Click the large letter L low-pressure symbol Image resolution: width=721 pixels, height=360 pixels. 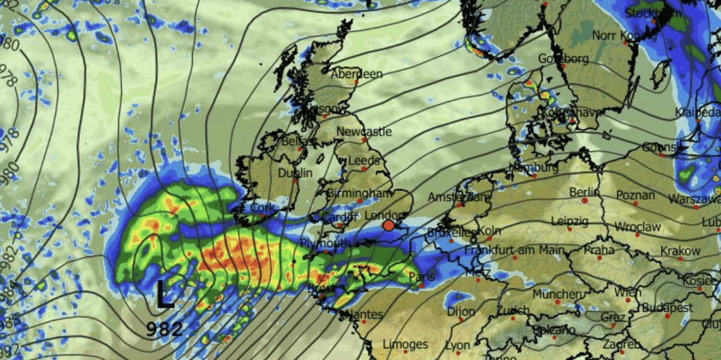click(x=165, y=296)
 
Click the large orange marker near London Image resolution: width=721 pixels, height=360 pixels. click(x=389, y=225)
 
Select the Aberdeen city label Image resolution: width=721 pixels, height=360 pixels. click(x=357, y=74)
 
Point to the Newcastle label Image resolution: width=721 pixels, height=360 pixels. click(x=364, y=131)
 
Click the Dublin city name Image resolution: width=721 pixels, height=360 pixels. click(x=295, y=173)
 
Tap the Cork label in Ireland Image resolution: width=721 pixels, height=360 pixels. click(x=263, y=208)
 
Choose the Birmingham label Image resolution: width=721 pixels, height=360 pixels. click(x=359, y=193)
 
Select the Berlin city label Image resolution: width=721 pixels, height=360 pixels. click(x=585, y=192)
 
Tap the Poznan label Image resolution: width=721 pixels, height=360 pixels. click(x=635, y=195)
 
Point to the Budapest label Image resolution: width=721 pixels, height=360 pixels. click(x=668, y=308)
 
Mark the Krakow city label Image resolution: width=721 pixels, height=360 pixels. click(x=680, y=251)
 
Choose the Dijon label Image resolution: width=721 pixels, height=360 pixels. click(x=461, y=311)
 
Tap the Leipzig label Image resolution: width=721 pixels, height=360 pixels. click(x=568, y=221)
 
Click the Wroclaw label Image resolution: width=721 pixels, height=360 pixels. click(x=637, y=227)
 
